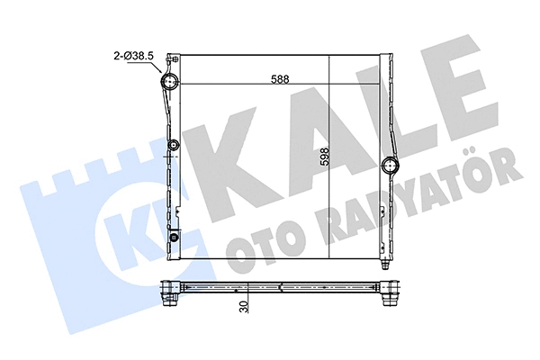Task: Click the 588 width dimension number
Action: tap(280, 78)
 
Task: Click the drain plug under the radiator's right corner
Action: tap(385, 266)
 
